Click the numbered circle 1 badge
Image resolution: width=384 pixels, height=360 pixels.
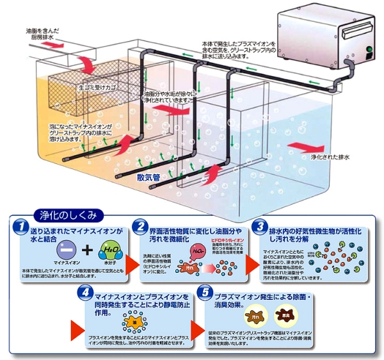(x=21, y=227)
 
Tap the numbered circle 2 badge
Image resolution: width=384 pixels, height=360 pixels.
(x=140, y=227)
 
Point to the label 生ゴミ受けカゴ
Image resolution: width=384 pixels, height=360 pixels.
(x=97, y=83)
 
